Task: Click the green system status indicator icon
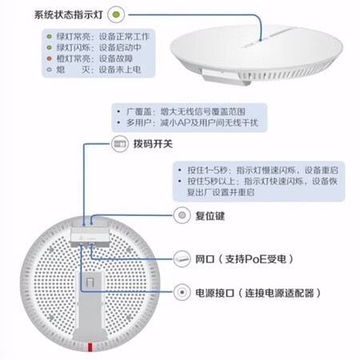[116, 14]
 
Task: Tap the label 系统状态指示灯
[69, 14]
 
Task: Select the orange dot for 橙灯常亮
[49, 58]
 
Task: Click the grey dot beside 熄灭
[49, 70]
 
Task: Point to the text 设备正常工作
[124, 37]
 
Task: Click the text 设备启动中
[120, 47]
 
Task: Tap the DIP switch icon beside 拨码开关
[120, 144]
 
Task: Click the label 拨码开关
[153, 144]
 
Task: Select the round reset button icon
[182, 215]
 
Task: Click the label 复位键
[210, 216]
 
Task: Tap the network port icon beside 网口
[182, 258]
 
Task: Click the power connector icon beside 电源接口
[182, 293]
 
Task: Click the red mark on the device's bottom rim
[90, 347]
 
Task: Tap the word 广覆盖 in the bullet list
[136, 111]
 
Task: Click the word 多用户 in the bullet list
[136, 122]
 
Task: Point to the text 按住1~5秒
[206, 170]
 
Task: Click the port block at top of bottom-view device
[90, 234]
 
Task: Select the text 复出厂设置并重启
[221, 192]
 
